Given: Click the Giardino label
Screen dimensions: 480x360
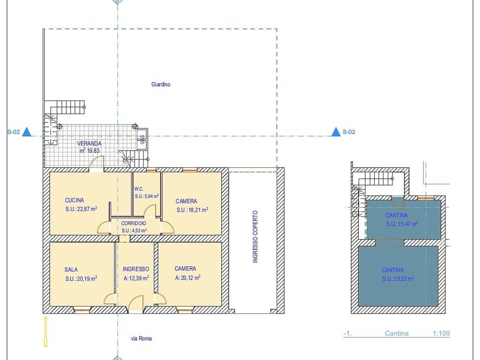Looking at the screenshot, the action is (161, 84).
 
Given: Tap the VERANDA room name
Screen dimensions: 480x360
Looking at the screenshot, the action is (89, 143).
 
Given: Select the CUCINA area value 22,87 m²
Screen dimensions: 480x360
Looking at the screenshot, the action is (81, 209).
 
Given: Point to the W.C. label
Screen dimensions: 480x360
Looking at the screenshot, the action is (139, 189).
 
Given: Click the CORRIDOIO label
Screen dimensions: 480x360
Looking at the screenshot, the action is (134, 224).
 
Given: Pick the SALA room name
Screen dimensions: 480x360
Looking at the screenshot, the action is (71, 270).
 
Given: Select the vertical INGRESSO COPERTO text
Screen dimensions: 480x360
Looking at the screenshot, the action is (255, 236).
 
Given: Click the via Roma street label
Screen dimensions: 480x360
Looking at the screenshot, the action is (141, 338).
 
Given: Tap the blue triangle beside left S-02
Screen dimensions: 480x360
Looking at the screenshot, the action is (27, 132).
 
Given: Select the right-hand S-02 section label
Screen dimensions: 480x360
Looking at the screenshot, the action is (349, 132).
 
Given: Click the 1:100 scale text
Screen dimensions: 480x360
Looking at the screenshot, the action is (441, 333).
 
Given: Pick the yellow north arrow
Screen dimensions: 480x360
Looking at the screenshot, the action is (45, 332).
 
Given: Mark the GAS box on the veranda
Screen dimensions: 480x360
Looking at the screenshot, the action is (142, 139).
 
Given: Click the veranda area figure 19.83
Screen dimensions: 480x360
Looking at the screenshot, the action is (93, 150).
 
